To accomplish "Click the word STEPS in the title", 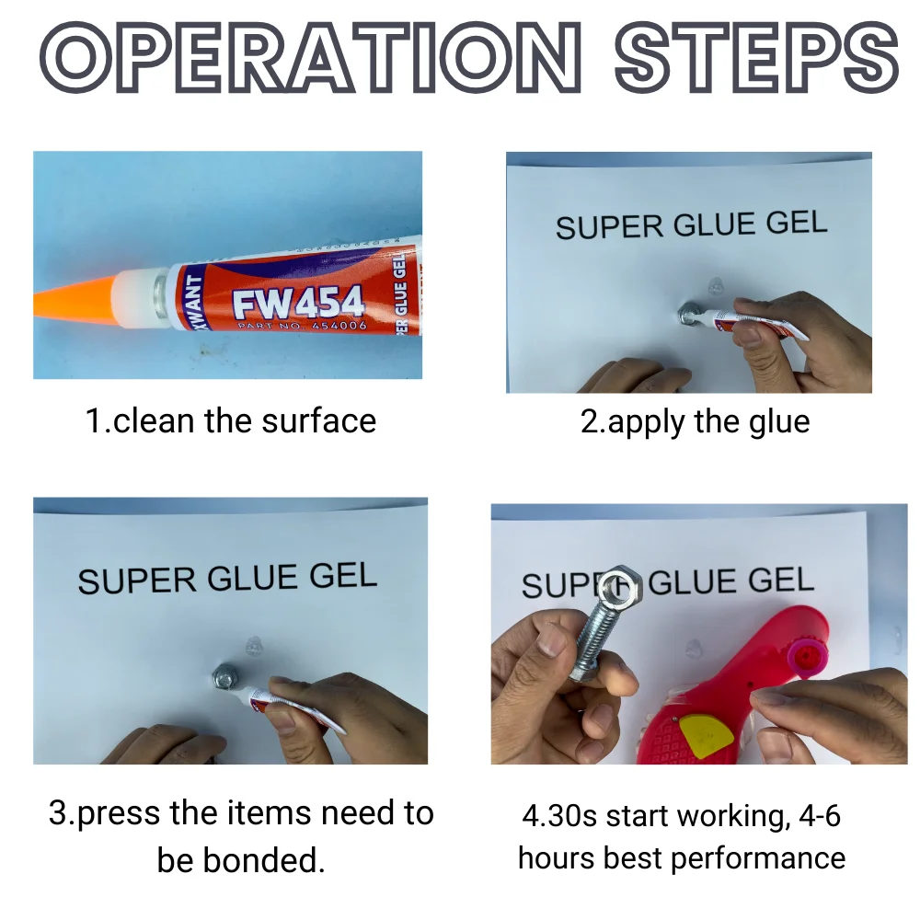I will click(x=754, y=57).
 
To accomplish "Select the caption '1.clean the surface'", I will click(x=231, y=421).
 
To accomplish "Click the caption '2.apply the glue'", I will click(x=695, y=421).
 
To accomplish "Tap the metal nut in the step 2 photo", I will click(x=687, y=316).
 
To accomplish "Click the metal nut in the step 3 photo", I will click(x=224, y=679).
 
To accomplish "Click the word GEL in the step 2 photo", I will click(x=792, y=222).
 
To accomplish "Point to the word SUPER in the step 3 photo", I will click(x=136, y=581).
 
